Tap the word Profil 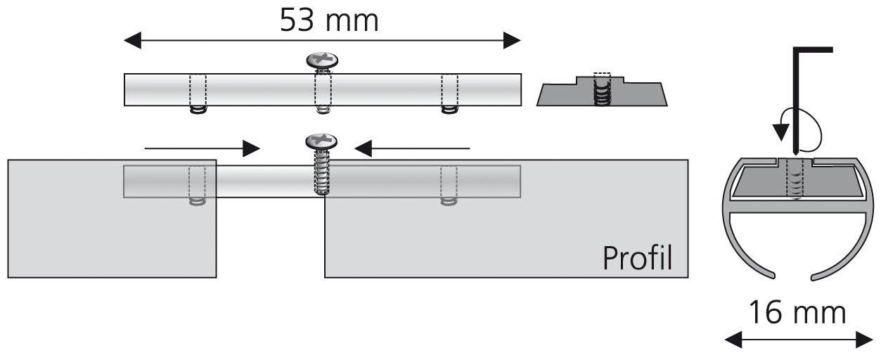(637, 258)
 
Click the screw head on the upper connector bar (323, 60)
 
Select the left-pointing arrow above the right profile (412, 148)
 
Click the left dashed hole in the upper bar (198, 90)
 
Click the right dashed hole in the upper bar (449, 90)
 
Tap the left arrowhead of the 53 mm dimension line (130, 41)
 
